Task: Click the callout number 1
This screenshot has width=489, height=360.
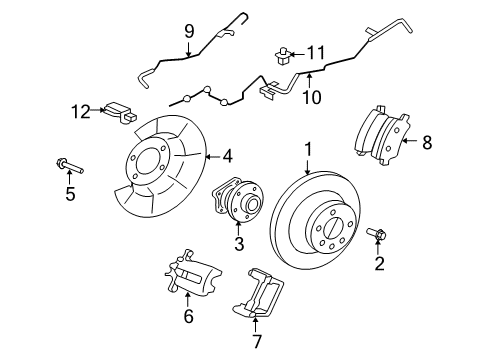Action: coord(309,149)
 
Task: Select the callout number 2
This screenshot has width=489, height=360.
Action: coord(379,264)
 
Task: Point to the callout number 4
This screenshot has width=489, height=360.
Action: coord(228,156)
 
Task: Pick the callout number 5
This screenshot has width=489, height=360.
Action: coord(70,193)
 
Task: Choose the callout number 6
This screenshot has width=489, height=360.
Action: coord(187,318)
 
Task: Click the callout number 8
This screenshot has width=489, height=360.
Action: coord(427,143)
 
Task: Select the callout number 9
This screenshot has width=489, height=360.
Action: coord(187,32)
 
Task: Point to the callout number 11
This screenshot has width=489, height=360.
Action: coord(317,52)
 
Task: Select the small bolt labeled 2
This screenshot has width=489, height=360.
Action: coord(378,236)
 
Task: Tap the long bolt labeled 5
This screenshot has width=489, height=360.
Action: coord(71,162)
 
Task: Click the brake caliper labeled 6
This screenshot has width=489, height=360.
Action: coord(190,274)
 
